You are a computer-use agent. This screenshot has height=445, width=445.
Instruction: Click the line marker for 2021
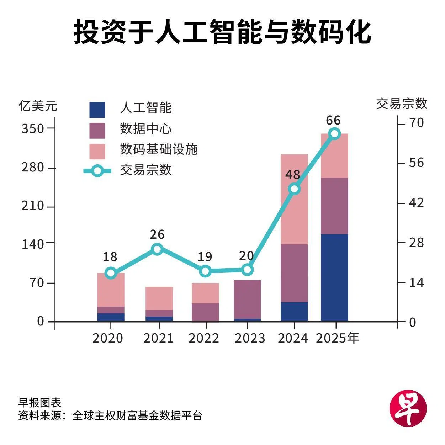[x=157, y=249]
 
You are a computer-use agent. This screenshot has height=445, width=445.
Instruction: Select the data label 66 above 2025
[x=333, y=120]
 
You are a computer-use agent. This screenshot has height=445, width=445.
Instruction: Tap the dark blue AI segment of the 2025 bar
[x=334, y=277]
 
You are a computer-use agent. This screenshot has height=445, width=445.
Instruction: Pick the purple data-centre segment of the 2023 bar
[x=247, y=299]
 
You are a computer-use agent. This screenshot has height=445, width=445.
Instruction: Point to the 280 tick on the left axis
[x=33, y=167]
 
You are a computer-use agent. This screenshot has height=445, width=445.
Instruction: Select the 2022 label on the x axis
[x=204, y=338]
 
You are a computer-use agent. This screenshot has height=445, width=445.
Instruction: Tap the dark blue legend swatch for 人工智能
[x=97, y=110]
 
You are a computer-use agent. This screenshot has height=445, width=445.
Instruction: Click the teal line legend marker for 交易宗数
[x=97, y=171]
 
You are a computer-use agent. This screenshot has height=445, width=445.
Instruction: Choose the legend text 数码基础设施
[x=159, y=149]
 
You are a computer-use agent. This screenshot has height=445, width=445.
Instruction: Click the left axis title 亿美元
[x=38, y=106]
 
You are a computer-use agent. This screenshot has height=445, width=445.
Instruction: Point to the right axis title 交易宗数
[x=402, y=104]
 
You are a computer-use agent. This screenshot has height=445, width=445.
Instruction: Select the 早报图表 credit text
[x=40, y=403]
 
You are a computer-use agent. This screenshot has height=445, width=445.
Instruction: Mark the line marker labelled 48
[x=294, y=189]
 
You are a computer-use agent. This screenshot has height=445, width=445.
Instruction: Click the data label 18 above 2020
[x=110, y=256]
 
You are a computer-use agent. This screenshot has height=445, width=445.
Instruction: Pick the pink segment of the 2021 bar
[x=159, y=298]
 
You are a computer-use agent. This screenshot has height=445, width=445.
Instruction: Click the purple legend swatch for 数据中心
[x=97, y=131]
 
